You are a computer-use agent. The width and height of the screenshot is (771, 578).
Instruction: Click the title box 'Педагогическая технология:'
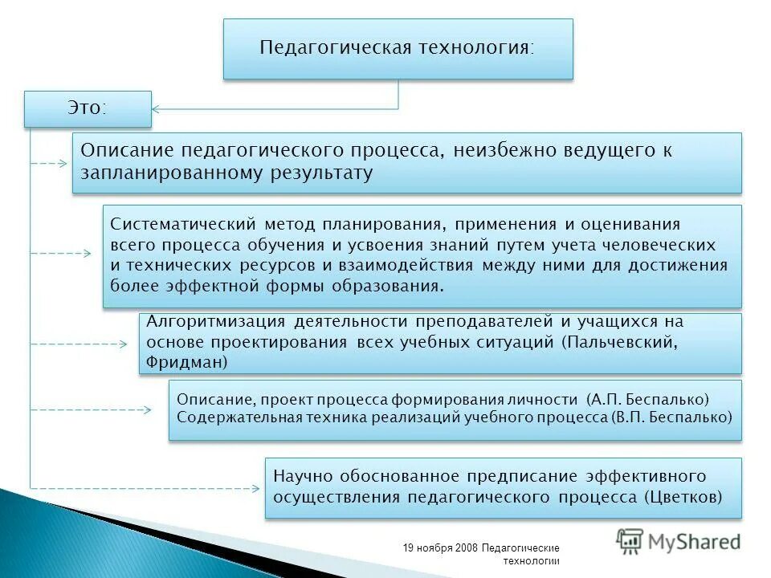pyautogui.click(x=398, y=48)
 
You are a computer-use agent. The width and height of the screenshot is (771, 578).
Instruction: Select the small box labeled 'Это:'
pyautogui.click(x=88, y=108)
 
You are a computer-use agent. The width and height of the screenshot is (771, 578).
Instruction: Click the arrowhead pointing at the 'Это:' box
pyautogui.click(x=158, y=108)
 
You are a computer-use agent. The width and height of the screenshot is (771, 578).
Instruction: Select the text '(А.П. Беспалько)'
pyautogui.click(x=648, y=399)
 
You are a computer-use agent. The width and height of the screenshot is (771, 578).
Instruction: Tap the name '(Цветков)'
pyautogui.click(x=682, y=497)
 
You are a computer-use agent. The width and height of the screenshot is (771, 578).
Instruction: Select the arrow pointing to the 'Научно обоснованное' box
pyautogui.click(x=145, y=488)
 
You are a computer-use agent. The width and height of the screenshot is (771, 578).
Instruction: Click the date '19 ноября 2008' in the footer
pyautogui.click(x=441, y=548)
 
